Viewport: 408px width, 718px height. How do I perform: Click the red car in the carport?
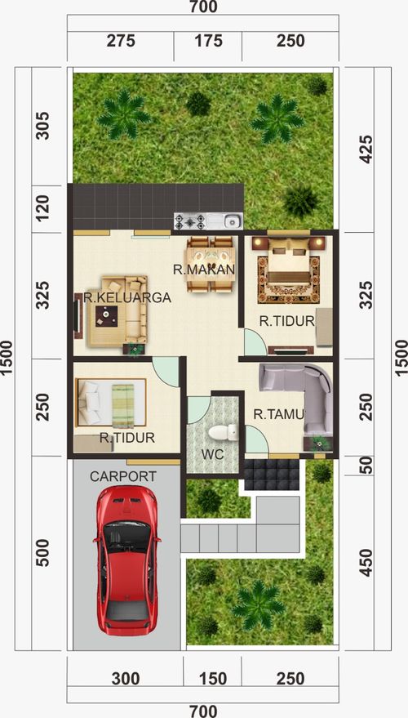[x=127, y=560]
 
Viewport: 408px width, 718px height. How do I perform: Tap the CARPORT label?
[x=122, y=476]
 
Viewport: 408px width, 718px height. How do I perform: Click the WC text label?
[x=213, y=454]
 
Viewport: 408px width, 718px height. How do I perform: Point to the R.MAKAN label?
[x=204, y=270]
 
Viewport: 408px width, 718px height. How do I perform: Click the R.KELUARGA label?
[x=127, y=297]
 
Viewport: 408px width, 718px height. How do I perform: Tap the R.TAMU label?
[x=279, y=415]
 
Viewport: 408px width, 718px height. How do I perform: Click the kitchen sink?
[x=232, y=221]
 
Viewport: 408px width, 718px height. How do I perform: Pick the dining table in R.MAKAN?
[x=211, y=264]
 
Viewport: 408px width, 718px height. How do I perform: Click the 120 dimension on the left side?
[x=42, y=209]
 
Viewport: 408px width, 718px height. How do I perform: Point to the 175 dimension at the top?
[x=208, y=41]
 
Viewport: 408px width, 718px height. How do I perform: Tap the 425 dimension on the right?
[x=366, y=149]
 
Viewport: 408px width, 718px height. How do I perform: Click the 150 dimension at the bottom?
[x=213, y=678]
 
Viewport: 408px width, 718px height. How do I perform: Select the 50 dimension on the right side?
[x=366, y=466]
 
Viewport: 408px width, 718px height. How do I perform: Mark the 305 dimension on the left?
[x=42, y=126]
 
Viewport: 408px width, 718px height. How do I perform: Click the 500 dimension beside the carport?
[x=42, y=553]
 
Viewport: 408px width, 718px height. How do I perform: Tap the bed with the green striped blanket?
[x=111, y=403]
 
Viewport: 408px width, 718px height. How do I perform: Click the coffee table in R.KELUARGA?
[x=107, y=316]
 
